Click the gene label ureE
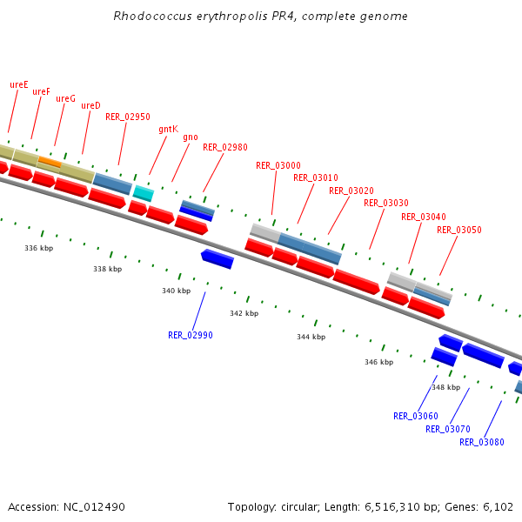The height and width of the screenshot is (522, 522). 18,84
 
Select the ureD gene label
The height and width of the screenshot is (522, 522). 90,105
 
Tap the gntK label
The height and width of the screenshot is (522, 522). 168,129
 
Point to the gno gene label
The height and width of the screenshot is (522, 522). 190,137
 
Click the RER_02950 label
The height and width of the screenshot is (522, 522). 128,117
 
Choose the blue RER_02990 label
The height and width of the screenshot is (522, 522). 190,335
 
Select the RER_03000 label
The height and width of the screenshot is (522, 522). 278,165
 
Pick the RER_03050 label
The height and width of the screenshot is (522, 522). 459,230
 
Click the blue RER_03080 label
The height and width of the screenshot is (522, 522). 482,442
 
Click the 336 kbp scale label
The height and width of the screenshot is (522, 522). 39,248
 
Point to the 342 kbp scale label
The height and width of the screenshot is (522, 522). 244,313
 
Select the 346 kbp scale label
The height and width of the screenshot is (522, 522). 378,362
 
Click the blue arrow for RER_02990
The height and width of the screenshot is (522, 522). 217,258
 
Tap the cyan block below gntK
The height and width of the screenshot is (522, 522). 143,192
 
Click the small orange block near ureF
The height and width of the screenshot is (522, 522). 50,162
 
